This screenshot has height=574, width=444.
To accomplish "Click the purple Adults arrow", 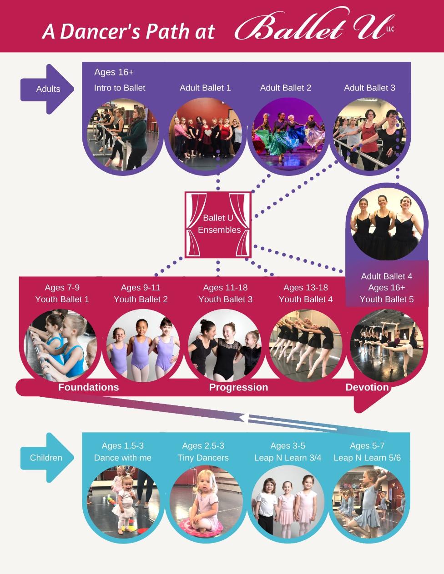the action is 47,89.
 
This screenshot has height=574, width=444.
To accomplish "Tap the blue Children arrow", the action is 47,458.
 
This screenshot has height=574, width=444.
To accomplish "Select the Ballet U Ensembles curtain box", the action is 218,225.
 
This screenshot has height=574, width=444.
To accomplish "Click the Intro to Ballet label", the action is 120,88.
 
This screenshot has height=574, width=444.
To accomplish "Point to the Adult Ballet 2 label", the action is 285,88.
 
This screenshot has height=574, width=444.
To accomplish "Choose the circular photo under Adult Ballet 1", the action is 205,134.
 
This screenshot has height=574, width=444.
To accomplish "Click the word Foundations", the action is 89,387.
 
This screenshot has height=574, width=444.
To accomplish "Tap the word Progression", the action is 238,387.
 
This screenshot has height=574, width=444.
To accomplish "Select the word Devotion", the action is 367,387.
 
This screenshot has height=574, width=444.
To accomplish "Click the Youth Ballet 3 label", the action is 226,299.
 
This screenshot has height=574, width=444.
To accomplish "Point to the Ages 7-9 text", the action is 62,287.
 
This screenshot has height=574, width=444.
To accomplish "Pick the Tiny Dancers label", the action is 203,458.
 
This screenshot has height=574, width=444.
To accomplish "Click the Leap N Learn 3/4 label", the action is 288,458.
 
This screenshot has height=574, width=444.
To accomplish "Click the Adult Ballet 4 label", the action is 387,276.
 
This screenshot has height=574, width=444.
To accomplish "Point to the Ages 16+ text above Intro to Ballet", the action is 114,72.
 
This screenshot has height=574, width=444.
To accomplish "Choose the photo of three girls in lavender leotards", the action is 143,346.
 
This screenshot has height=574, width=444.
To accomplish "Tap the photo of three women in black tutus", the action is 387,224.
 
